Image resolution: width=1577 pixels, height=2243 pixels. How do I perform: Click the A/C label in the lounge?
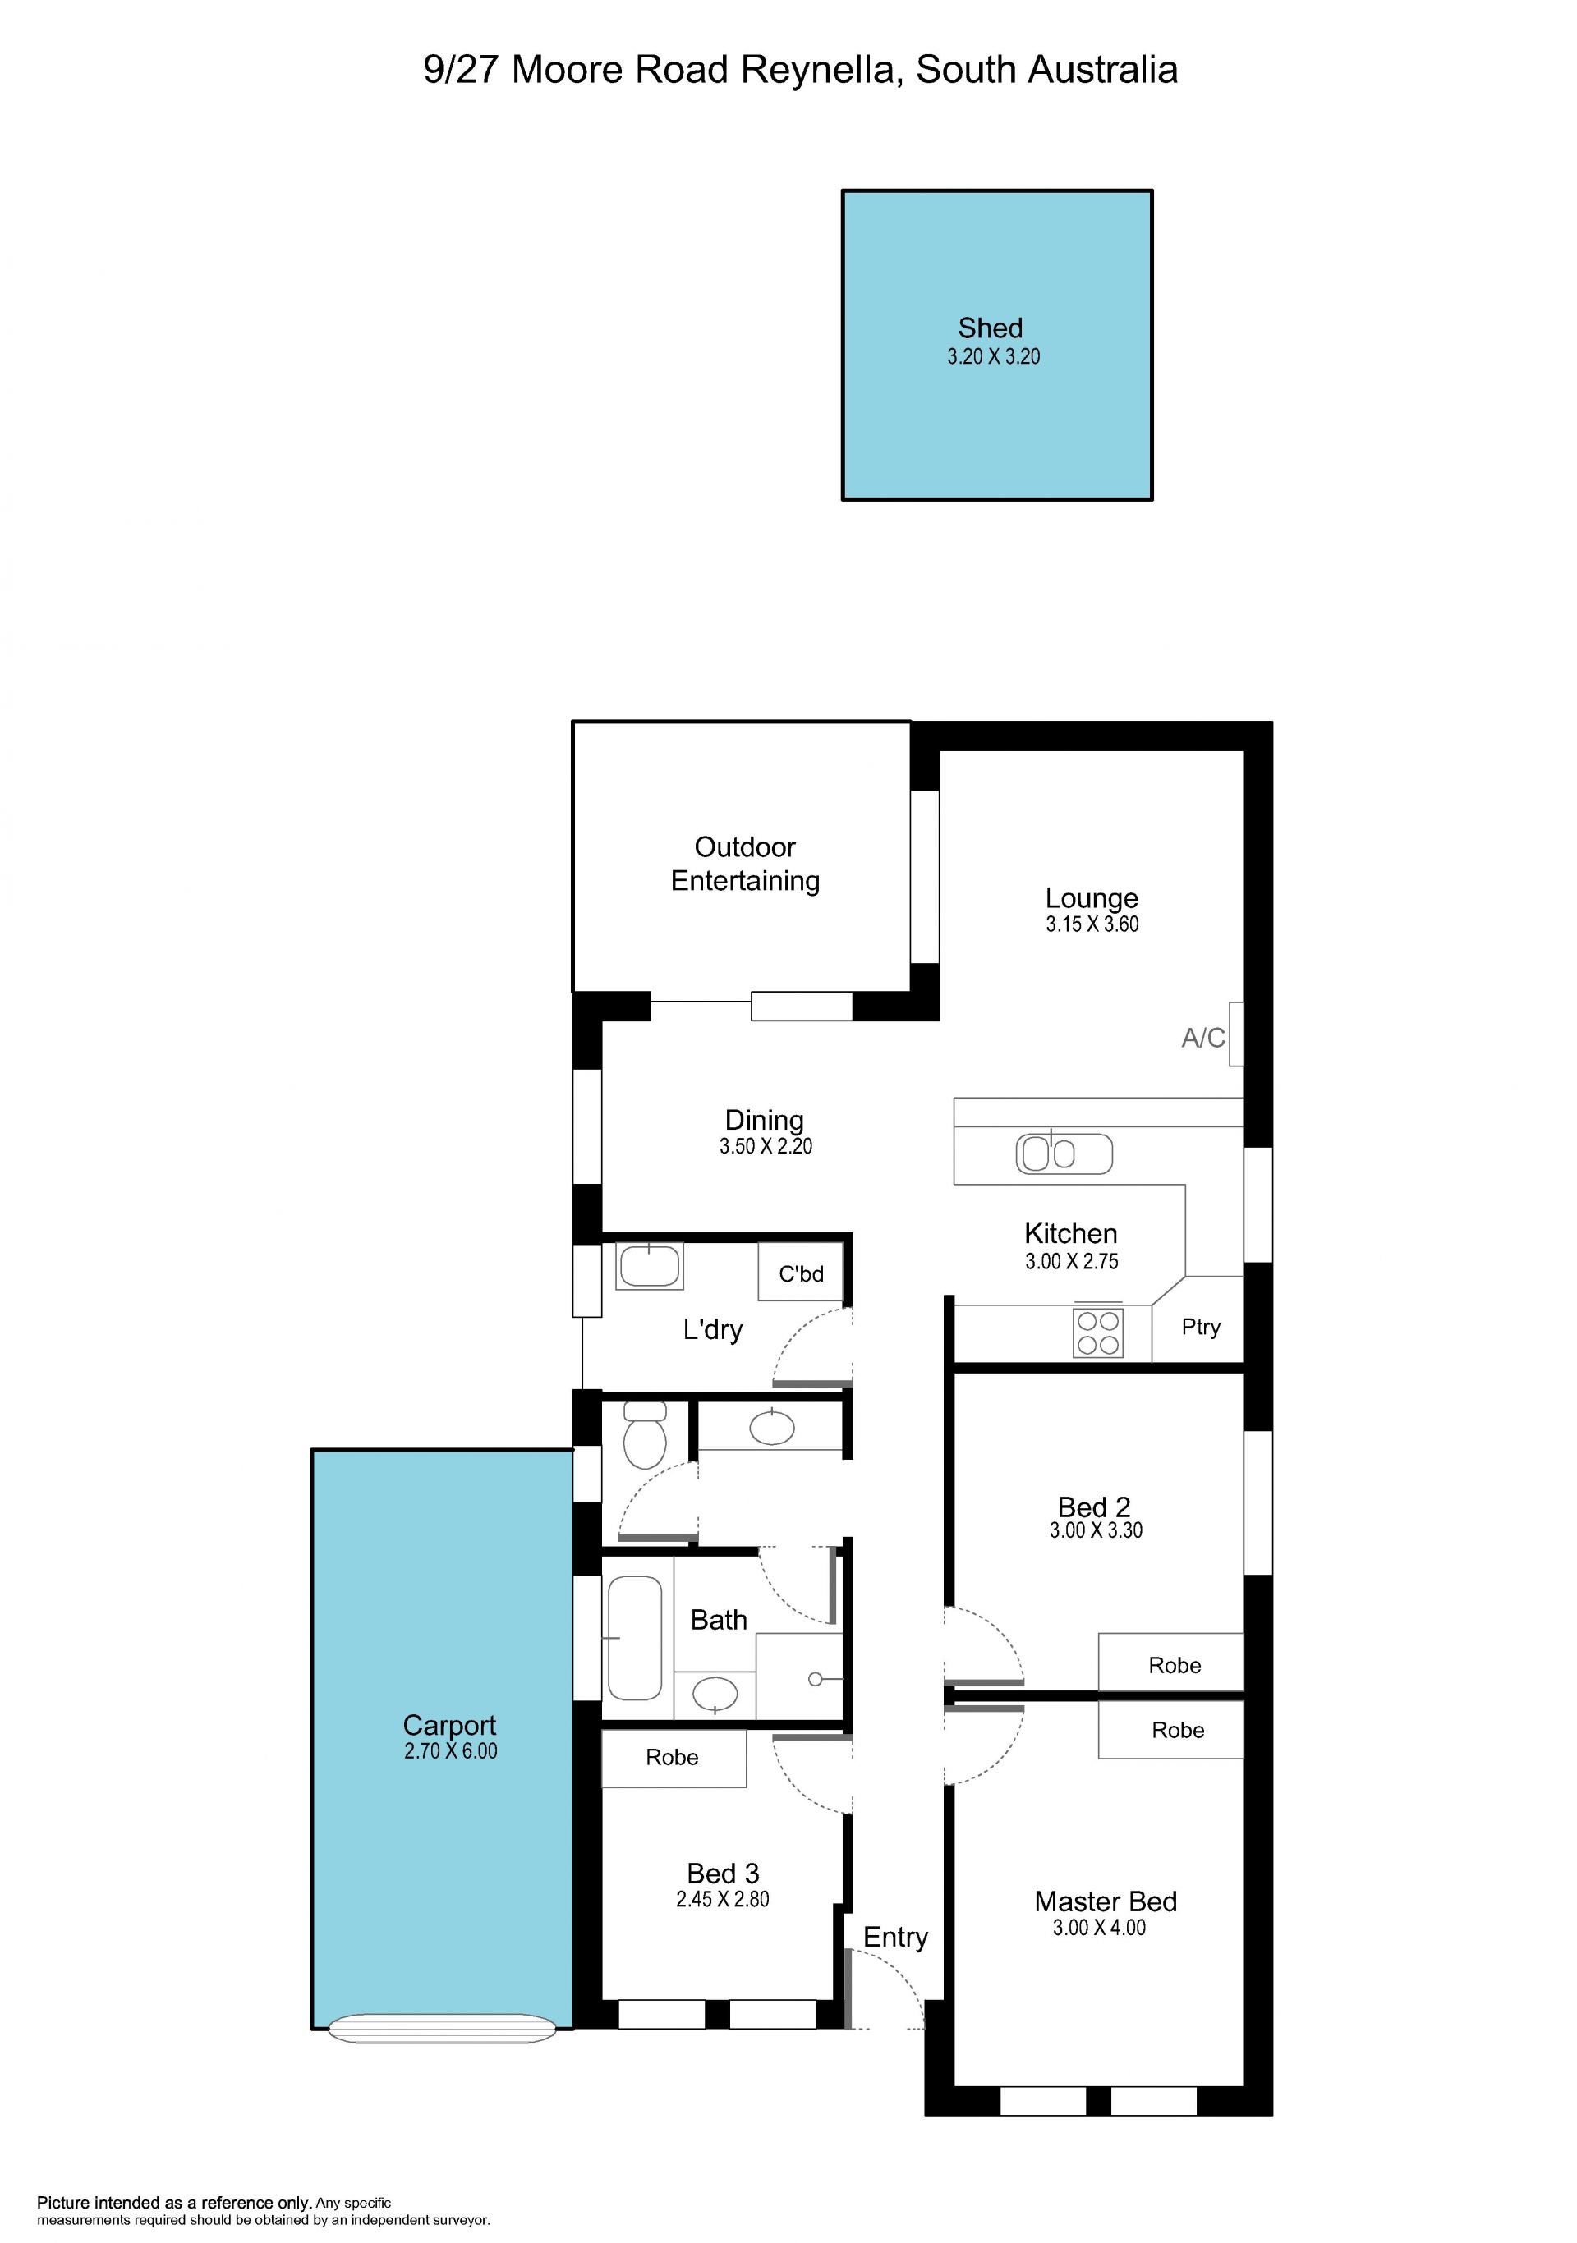pos(1202,1038)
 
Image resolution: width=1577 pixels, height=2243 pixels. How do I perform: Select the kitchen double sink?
pos(1064,1154)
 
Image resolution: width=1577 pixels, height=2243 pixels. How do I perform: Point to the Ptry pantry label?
pos(1201,1327)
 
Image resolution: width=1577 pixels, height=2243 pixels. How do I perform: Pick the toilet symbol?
pos(645,1435)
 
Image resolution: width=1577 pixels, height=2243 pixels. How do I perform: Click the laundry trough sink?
pos(649,1267)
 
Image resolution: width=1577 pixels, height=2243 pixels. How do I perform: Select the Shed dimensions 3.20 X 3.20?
pos(994,356)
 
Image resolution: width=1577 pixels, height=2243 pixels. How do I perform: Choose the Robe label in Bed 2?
pos(1175,1666)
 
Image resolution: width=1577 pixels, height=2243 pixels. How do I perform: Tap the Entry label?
pos(895,1938)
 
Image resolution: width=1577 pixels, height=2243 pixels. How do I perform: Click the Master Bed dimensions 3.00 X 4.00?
pos(1099,1928)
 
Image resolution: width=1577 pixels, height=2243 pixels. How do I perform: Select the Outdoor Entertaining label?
pos(746,864)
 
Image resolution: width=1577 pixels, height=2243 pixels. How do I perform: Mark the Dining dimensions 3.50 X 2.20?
pos(766,1146)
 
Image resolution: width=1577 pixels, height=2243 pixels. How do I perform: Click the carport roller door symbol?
pos(442,2029)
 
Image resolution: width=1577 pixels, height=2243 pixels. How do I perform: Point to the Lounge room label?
pos(1092,898)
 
